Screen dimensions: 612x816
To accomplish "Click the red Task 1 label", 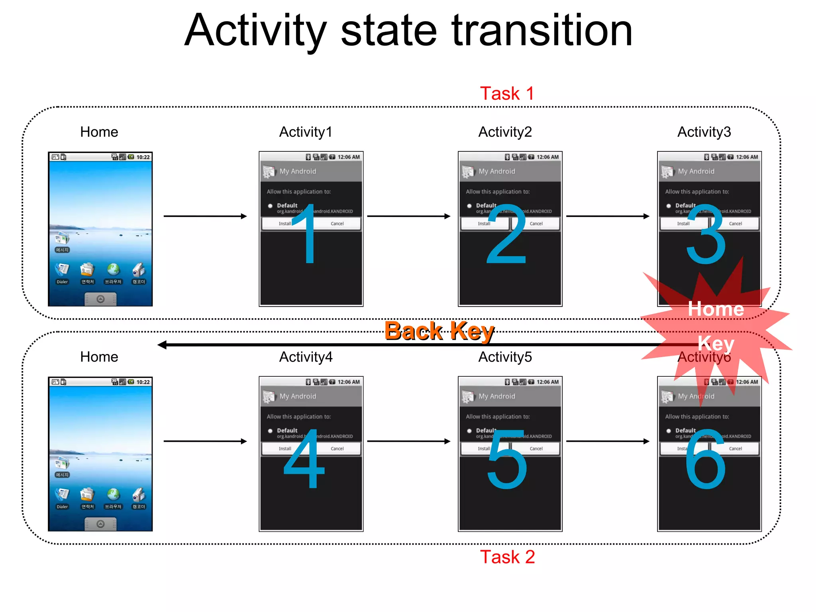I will (x=506, y=94).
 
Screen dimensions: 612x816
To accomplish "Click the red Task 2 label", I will (x=507, y=557).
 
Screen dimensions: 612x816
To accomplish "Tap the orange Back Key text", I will (x=439, y=331).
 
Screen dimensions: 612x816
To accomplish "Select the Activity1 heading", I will (x=306, y=132).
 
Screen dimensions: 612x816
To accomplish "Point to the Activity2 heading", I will (x=505, y=132).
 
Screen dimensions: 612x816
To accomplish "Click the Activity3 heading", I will (x=704, y=132).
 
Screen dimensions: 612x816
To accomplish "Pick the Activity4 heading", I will (x=306, y=357).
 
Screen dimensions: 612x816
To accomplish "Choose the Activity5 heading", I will (x=505, y=357).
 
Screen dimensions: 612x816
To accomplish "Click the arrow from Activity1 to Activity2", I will (x=408, y=216).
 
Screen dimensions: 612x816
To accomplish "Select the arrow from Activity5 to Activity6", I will (x=608, y=441).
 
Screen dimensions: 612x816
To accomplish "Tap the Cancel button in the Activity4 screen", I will (x=337, y=449).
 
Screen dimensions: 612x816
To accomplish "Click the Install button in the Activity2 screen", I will (x=484, y=224).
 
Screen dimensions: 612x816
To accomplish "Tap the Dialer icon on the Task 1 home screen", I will (x=62, y=271).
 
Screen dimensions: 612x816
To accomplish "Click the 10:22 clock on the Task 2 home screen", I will (x=143, y=382).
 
